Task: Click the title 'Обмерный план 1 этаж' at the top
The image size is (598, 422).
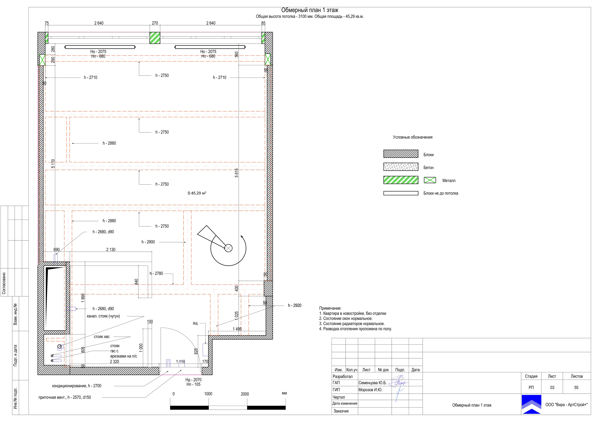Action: point(310,10)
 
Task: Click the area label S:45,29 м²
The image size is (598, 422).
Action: point(197,193)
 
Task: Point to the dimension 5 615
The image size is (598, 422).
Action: point(237,173)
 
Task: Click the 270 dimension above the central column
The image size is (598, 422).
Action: point(155,23)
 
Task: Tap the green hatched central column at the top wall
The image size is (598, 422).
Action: point(155,38)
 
